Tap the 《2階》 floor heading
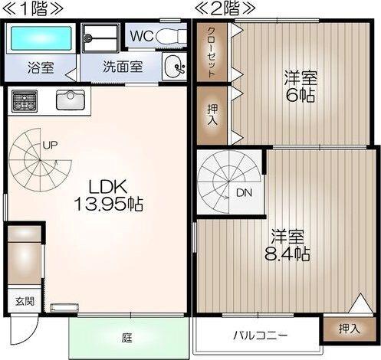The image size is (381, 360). [227, 10]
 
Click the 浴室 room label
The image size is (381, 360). [41, 67]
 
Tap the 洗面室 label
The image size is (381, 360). [123, 67]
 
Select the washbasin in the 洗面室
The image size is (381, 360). [176, 67]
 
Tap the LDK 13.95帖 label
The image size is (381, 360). [109, 195]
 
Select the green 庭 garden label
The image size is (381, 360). [127, 336]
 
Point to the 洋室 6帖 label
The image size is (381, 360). [301, 86]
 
